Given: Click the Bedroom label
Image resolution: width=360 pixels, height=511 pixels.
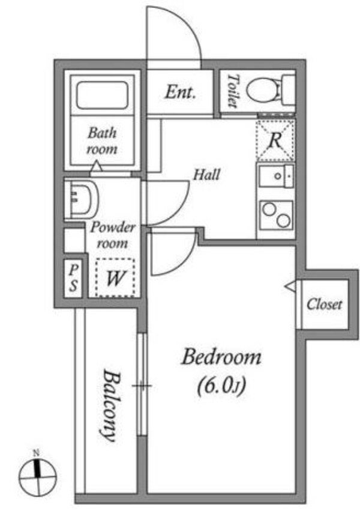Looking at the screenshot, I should [221, 358].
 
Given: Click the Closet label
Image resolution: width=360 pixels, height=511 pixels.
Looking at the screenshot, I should [324, 304].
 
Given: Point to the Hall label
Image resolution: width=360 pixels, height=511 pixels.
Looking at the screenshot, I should [206, 175].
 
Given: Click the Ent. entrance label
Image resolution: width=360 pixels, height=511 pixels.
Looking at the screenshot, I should [179, 92].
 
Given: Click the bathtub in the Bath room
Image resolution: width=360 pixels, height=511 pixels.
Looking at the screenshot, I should [103, 95].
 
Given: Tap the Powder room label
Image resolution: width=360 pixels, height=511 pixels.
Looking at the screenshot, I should [113, 236].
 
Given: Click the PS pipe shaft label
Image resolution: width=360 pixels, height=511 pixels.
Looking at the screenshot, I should [73, 277].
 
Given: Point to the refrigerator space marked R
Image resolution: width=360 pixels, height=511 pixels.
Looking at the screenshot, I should [275, 141].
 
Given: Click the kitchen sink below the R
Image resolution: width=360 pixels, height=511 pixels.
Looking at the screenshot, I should [275, 178].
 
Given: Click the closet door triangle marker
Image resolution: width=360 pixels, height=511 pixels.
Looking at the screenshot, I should [290, 287].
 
